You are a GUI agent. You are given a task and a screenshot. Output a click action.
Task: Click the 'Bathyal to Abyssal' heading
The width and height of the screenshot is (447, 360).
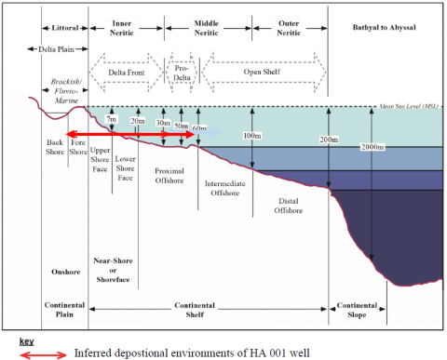click(383, 28)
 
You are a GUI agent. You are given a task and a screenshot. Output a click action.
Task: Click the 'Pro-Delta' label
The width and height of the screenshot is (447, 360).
click(182, 72)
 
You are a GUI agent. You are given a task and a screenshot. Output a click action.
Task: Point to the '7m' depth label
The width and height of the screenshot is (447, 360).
click(112, 120)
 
